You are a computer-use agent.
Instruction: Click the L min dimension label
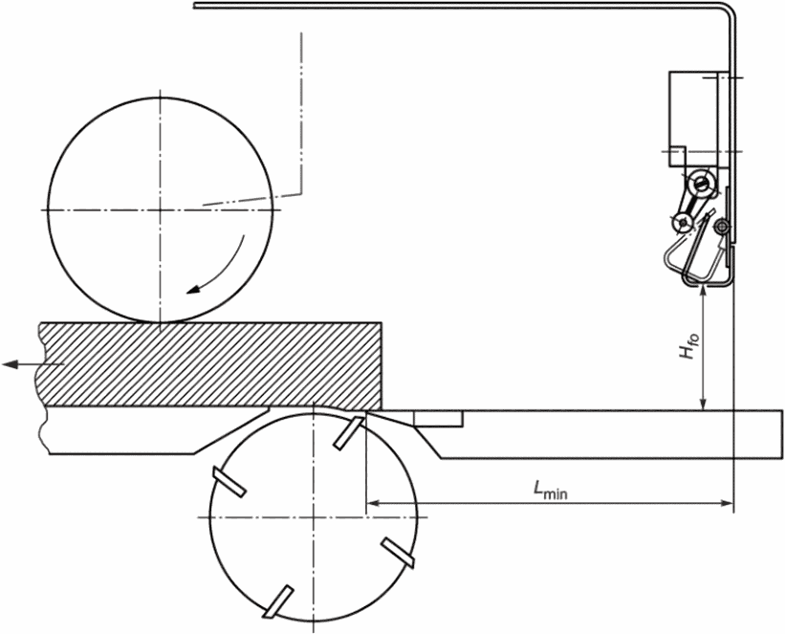(550, 490)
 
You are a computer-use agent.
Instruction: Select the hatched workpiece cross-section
(210, 365)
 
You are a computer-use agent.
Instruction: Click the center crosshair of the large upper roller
(161, 209)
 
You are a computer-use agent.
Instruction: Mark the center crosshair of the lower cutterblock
(313, 517)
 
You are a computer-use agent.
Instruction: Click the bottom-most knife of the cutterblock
(278, 601)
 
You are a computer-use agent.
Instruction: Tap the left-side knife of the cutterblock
(229, 482)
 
